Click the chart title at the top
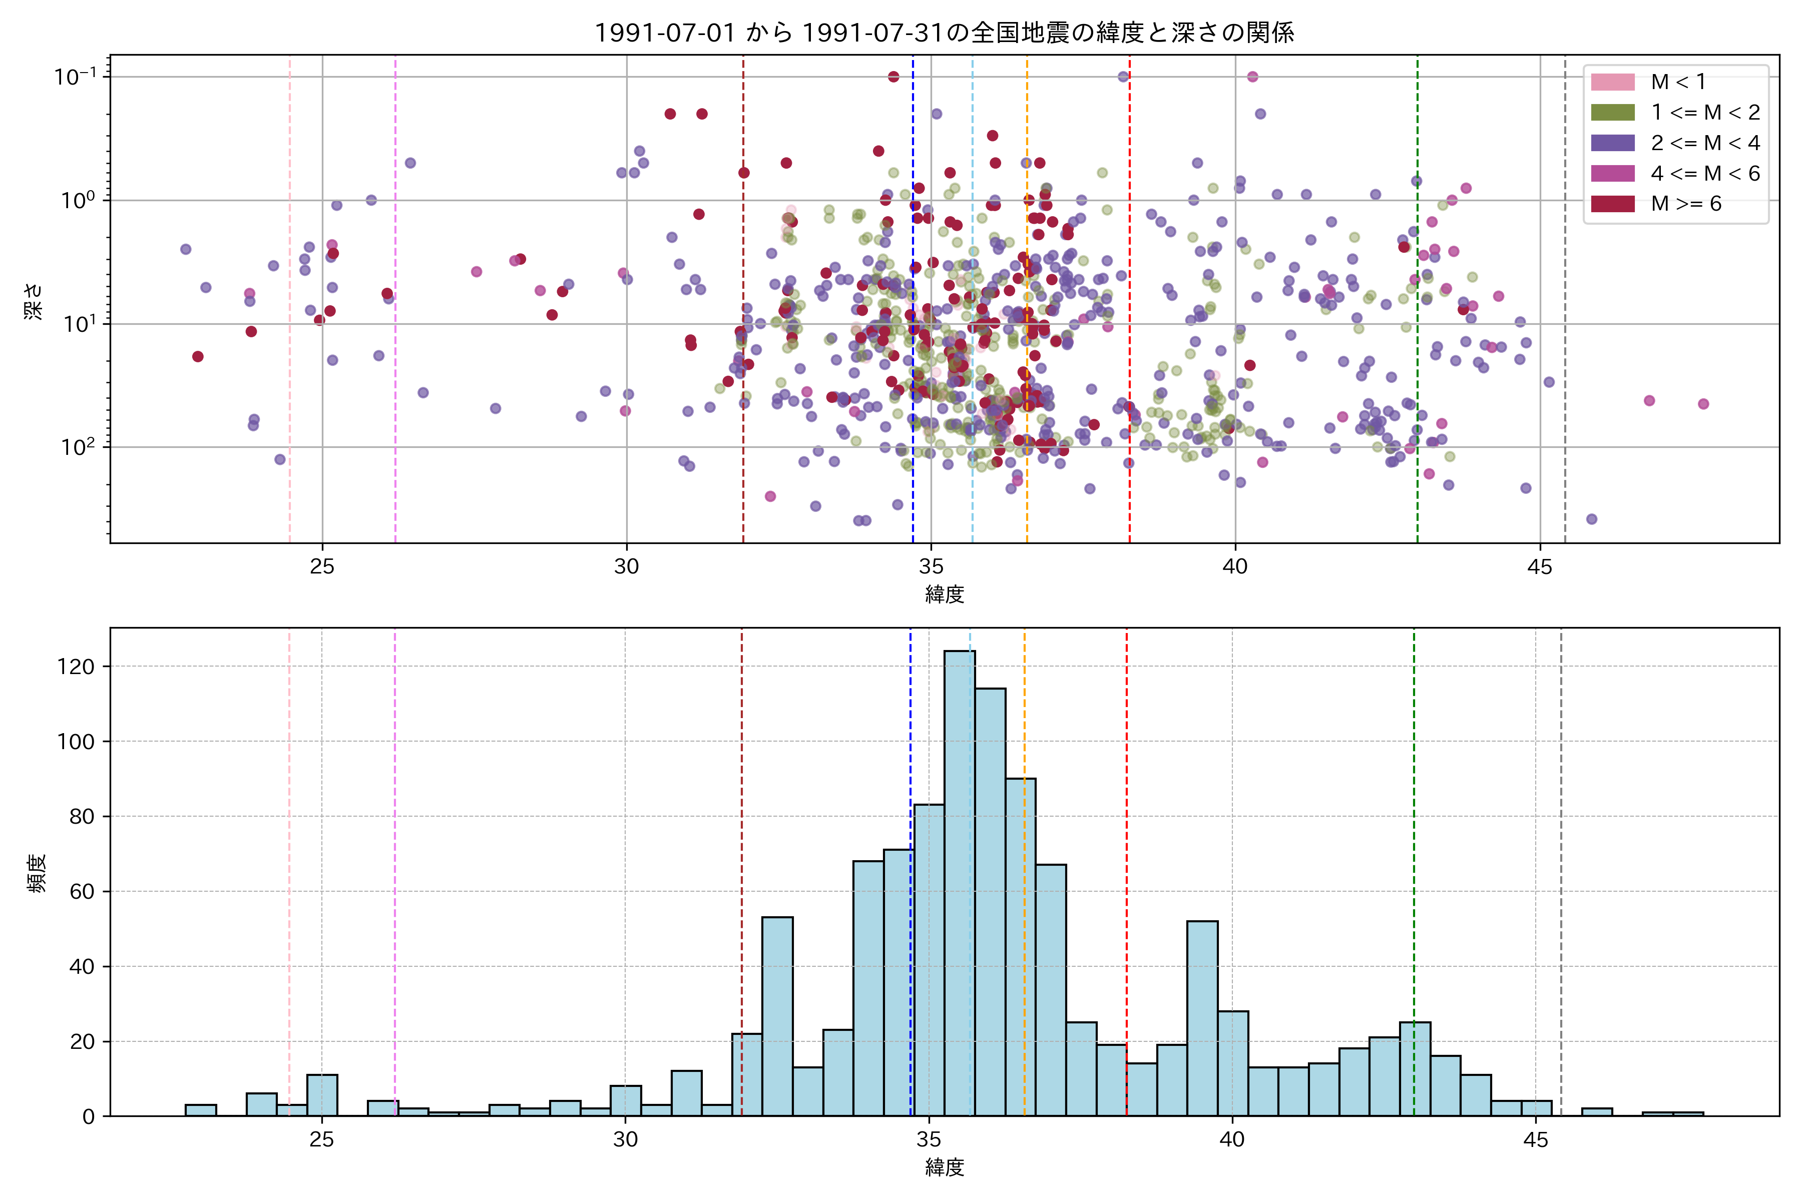[944, 32]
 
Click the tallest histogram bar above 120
[959, 881]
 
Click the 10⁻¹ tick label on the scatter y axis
[75, 77]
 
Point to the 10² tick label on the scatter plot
[77, 446]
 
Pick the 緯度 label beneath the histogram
[944, 1167]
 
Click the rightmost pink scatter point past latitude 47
[1703, 404]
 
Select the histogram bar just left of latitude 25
[291, 1110]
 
